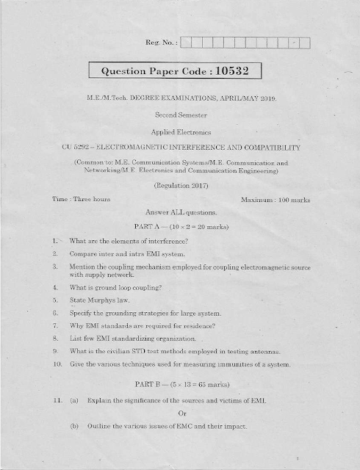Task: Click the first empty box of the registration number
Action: [x=185, y=43]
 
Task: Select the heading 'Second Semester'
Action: [x=181, y=115]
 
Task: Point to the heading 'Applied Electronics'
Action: [x=181, y=132]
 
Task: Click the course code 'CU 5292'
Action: [x=78, y=148]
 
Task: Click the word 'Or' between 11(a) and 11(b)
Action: [x=180, y=411]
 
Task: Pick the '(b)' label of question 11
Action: [x=73, y=427]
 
